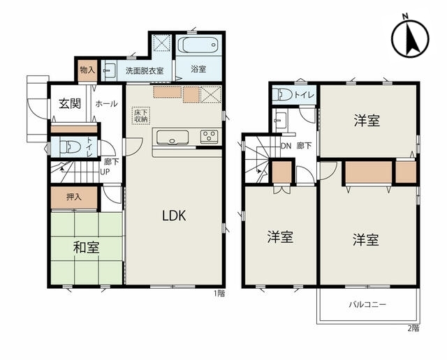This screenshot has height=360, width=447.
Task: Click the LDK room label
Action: (174, 216)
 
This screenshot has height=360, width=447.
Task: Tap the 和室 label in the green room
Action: (87, 247)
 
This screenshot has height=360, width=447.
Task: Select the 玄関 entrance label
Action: (70, 104)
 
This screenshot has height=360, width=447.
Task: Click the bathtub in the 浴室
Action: (198, 45)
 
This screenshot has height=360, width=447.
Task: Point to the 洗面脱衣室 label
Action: (145, 70)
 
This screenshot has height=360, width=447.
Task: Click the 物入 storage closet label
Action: (87, 70)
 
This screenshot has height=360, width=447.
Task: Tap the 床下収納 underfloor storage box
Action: (141, 115)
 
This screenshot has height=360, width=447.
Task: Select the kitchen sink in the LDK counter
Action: (173, 137)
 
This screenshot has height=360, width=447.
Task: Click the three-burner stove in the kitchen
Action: (210, 136)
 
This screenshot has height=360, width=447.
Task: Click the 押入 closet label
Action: (74, 197)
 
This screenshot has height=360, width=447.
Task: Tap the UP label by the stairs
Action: (105, 172)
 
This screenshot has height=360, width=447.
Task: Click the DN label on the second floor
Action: (286, 146)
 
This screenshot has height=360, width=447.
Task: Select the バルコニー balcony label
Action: (368, 304)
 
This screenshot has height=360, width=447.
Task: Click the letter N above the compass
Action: (405, 16)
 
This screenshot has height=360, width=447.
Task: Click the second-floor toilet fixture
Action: (282, 94)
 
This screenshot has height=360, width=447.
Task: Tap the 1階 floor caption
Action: (219, 293)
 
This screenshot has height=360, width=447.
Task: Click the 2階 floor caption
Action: (413, 328)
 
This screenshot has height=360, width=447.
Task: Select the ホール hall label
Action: (106, 104)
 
